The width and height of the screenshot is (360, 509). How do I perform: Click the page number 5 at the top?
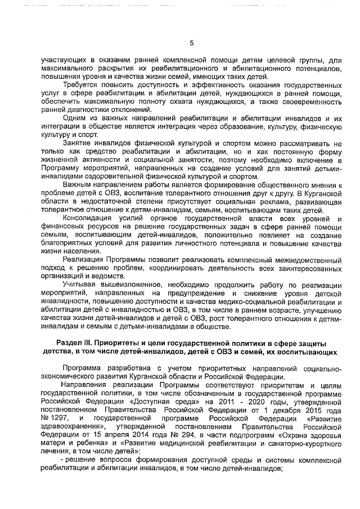pos(191,43)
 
